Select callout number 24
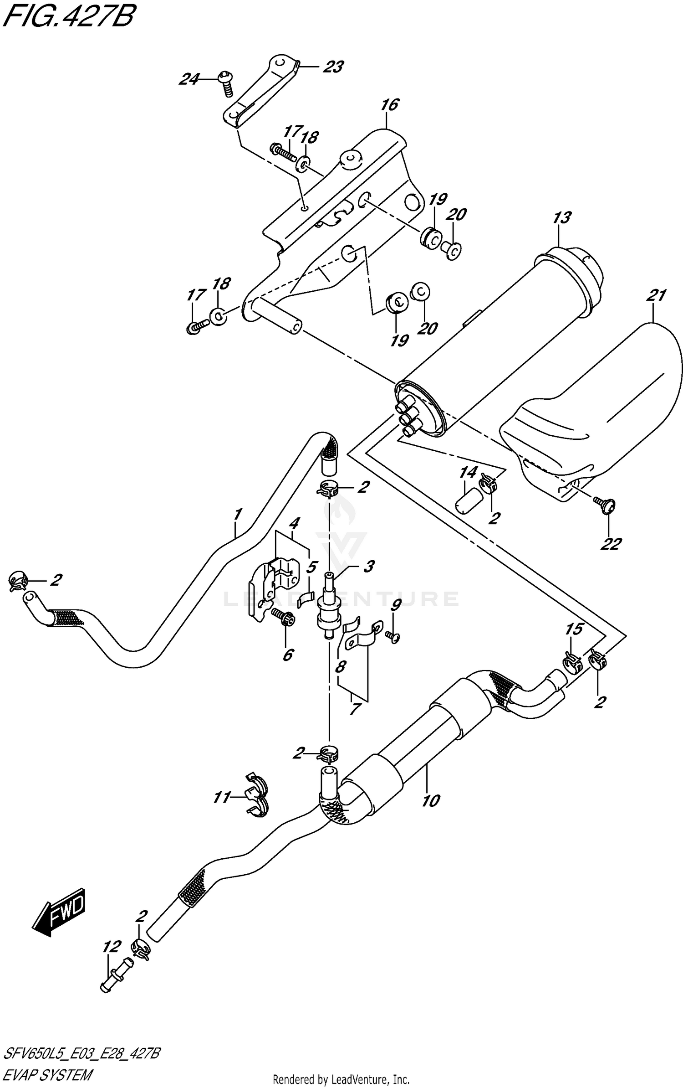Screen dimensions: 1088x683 [189, 79]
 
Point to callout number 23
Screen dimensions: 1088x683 [333, 67]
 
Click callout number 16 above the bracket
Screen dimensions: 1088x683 [390, 105]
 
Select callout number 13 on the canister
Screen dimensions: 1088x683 [561, 218]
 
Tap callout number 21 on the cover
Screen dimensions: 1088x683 [656, 295]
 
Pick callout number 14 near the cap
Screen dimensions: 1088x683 [468, 472]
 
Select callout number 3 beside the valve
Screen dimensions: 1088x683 [368, 567]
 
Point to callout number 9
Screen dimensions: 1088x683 [395, 605]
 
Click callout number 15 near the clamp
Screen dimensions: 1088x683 [574, 629]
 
